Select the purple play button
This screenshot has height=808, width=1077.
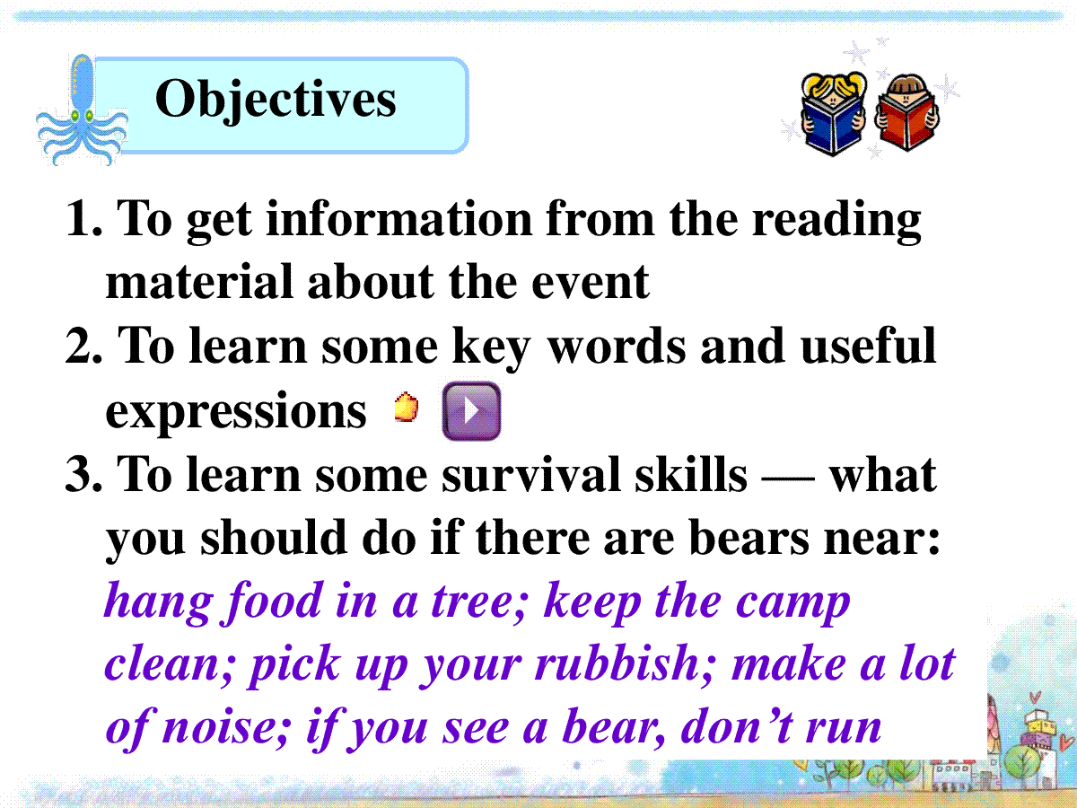(x=471, y=410)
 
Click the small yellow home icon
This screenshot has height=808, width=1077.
(x=407, y=407)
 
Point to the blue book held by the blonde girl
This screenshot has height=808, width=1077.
(x=833, y=125)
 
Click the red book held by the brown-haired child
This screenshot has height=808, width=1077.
(x=906, y=122)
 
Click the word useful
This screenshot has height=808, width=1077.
(x=868, y=345)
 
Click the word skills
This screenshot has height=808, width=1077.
(x=691, y=473)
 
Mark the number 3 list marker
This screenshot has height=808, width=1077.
(x=78, y=474)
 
